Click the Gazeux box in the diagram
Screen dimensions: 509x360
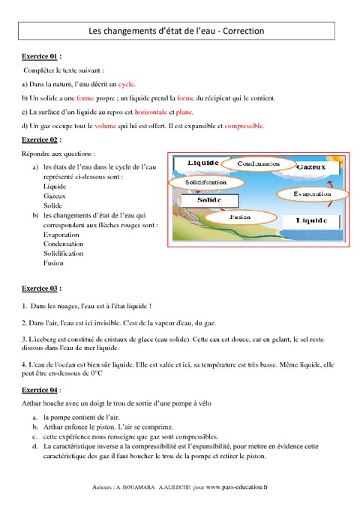(x=310, y=166)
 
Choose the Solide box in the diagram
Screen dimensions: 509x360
(x=211, y=200)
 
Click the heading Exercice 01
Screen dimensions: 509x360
(x=40, y=56)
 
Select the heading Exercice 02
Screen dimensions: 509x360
(x=40, y=139)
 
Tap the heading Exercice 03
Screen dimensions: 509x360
(x=40, y=288)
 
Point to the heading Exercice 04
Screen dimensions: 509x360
(x=40, y=391)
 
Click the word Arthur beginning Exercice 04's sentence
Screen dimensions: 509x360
(x=34, y=403)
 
